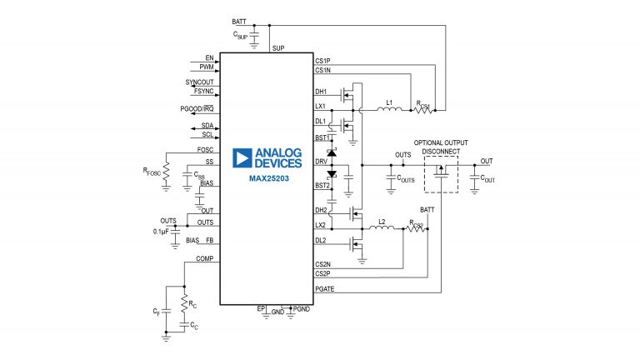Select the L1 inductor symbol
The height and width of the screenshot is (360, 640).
[387, 110]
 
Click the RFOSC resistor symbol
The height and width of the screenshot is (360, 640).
[165, 171]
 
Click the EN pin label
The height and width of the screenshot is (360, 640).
[208, 59]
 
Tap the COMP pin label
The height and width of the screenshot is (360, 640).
[205, 259]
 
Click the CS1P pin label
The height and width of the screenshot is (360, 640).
[322, 61]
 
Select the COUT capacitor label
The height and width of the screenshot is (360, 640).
[487, 178]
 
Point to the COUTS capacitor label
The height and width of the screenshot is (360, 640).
[406, 178]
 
